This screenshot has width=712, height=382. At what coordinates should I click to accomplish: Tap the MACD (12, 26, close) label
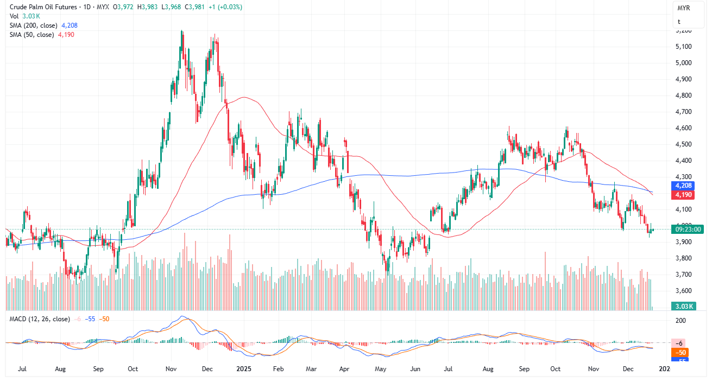click(40, 319)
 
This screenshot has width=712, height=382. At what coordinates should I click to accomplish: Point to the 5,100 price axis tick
click(683, 47)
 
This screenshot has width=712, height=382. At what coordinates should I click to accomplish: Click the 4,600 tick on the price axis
click(683, 128)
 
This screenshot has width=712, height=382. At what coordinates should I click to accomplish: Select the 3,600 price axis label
click(683, 291)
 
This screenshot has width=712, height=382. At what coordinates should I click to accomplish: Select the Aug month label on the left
click(60, 369)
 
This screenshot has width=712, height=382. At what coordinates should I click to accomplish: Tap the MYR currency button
click(684, 9)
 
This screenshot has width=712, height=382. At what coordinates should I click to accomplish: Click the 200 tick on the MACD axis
click(681, 321)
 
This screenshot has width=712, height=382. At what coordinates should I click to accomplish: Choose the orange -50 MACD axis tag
click(682, 352)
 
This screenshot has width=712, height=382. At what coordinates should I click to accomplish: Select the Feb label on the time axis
click(278, 369)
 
